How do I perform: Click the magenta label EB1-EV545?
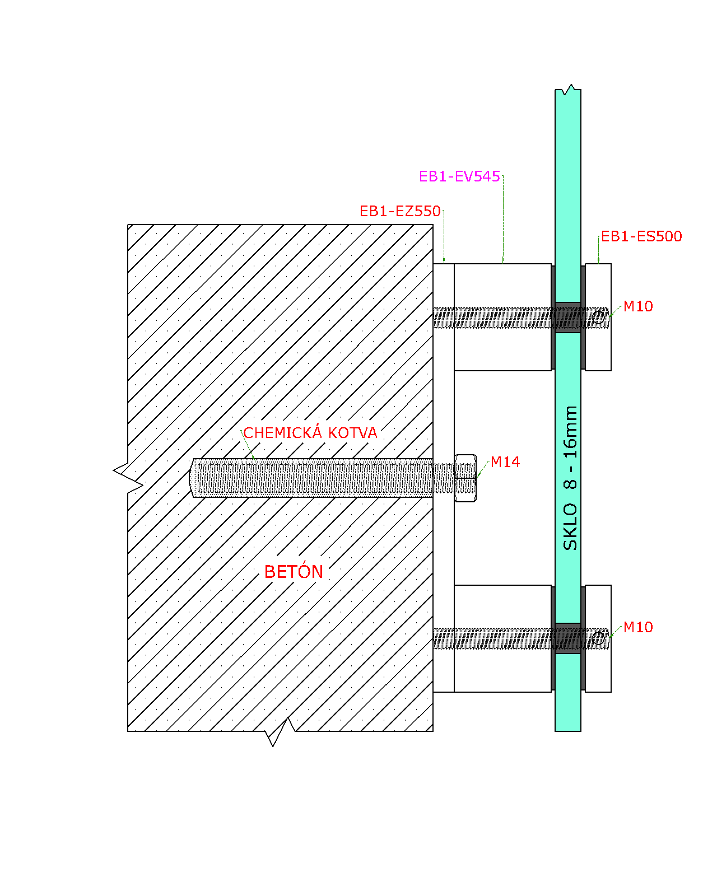click(x=459, y=176)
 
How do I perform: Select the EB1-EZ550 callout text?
click(x=400, y=212)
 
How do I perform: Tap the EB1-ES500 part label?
click(x=641, y=236)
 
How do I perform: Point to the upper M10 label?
click(x=638, y=306)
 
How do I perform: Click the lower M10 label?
click(x=638, y=627)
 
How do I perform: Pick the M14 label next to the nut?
click(x=505, y=462)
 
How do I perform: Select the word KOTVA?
click(x=352, y=433)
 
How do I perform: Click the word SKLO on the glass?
click(x=570, y=527)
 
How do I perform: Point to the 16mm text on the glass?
click(x=570, y=432)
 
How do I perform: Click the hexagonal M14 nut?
click(x=465, y=478)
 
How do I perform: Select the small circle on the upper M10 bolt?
click(x=598, y=318)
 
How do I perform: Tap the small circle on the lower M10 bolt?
click(x=598, y=638)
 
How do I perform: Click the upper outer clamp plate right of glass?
click(x=598, y=318)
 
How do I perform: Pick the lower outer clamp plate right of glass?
click(x=598, y=639)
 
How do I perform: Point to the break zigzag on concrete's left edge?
click(x=128, y=478)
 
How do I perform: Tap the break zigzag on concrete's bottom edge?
click(x=280, y=731)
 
